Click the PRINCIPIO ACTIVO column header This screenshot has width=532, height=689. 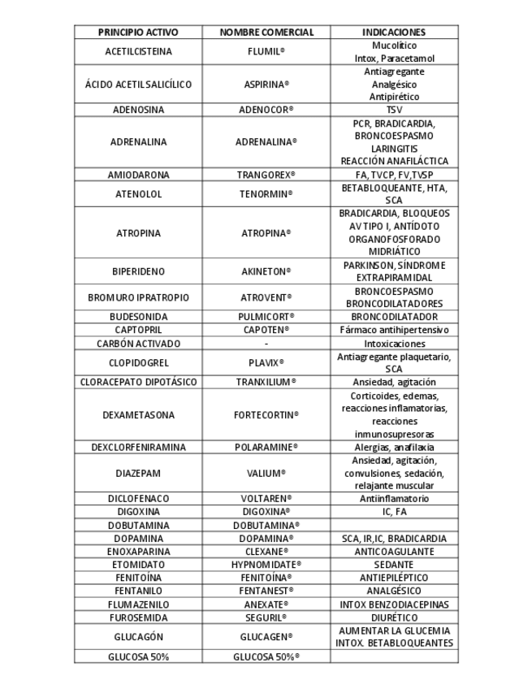137,32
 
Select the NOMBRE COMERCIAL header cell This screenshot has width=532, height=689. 267,32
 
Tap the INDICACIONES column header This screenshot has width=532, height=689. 394,32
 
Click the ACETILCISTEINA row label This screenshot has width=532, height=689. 137,51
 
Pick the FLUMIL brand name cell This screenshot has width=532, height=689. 266,51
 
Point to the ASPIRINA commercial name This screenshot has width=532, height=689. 266,84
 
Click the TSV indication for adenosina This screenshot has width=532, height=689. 394,110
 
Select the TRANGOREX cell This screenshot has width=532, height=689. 266,175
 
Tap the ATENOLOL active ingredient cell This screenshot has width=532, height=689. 137,194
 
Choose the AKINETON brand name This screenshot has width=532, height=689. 266,271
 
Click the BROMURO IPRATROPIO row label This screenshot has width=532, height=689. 137,297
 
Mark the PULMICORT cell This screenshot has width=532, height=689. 266,317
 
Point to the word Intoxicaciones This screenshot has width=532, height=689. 394,343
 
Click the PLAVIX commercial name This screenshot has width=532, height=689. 266,362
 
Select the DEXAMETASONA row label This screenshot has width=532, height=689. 137,414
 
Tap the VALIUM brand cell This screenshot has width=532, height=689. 266,473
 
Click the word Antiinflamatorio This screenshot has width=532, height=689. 394,499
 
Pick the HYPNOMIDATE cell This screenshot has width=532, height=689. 266,564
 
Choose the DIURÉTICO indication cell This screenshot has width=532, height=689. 394,616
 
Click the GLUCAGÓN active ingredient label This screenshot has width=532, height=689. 137,636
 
